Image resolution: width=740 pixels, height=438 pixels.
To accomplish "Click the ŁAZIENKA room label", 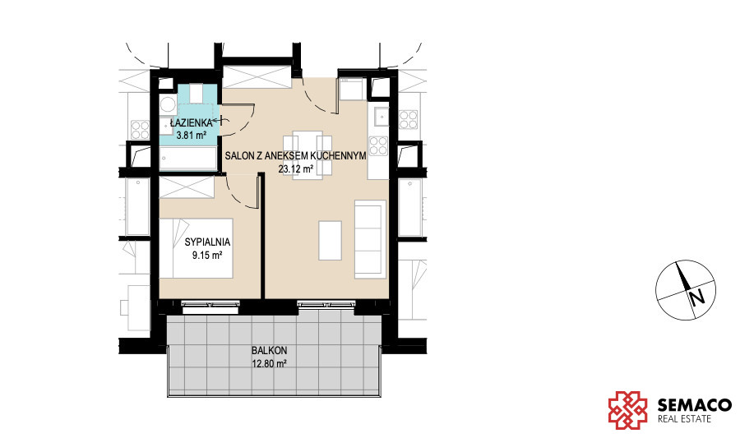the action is click(x=191, y=123).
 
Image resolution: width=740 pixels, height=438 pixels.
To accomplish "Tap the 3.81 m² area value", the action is click(x=191, y=136).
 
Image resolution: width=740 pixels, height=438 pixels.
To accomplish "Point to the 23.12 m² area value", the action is click(x=296, y=168).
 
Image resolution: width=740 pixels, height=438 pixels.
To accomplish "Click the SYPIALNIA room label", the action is click(x=207, y=242).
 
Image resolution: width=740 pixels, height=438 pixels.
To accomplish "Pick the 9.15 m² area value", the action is click(x=207, y=256).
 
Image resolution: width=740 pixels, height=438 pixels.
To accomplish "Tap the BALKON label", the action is click(x=269, y=351).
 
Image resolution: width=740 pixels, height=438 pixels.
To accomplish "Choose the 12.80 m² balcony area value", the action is click(x=269, y=364).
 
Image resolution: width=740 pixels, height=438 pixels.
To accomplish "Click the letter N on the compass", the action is click(x=696, y=298).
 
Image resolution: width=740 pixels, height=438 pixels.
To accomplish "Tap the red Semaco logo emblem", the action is click(x=627, y=410).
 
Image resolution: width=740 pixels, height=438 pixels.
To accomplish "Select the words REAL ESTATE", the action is click(x=684, y=418).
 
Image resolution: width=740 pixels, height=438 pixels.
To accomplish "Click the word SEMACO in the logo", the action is click(x=695, y=405).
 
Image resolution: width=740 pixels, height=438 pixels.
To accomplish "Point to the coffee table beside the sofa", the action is click(x=330, y=241).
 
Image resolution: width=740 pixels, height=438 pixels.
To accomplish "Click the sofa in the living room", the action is click(x=370, y=239).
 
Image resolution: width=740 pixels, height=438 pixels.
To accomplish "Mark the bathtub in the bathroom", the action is click(x=187, y=159).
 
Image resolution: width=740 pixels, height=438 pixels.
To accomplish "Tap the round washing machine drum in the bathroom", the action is click(x=167, y=104).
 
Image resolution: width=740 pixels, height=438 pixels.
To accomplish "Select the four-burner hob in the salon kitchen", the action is click(x=378, y=145).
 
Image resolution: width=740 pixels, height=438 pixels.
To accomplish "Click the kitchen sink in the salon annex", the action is click(x=382, y=117).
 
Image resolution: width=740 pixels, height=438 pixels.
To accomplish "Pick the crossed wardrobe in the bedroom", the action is click(x=187, y=187).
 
